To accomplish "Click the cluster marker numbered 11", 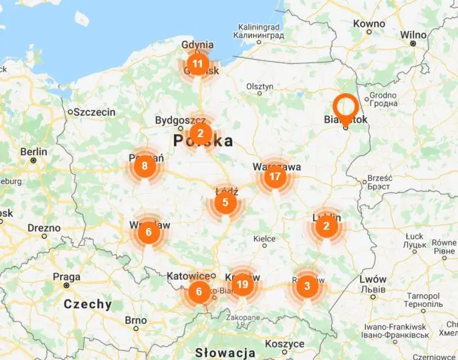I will tap(197, 63).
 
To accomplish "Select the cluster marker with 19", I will tap(242, 285).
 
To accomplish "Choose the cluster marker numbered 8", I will tap(145, 166).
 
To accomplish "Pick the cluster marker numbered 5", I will tap(225, 202).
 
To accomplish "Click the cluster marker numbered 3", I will tap(306, 286).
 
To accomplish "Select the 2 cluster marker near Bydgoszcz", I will tap(200, 134).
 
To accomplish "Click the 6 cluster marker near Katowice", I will tap(198, 292).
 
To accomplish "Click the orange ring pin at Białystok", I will tap(346, 107).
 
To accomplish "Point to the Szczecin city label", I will tap(94, 112).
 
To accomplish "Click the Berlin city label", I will tap(34, 152).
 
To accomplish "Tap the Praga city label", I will tap(66, 276).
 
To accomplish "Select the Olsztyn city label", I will tap(260, 86).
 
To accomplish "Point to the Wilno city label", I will tap(413, 35).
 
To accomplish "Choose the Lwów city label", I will tap(373, 279).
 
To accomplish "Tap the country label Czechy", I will tap(88, 304).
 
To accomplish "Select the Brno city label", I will tap(136, 320).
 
